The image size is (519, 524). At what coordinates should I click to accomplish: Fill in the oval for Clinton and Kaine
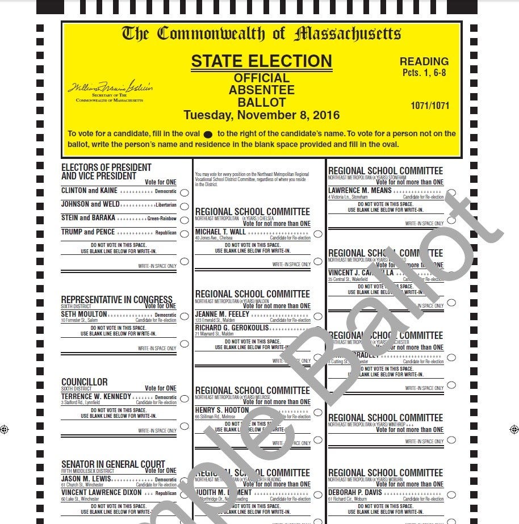pos(184,192)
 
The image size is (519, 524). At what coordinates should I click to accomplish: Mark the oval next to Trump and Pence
pos(184,233)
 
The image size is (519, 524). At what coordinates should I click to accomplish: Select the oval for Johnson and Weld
pos(184,206)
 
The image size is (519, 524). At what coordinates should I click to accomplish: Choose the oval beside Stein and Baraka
pos(184,219)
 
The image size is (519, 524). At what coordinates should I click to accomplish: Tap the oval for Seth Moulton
pos(184,316)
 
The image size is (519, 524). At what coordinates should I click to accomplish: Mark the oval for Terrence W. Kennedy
pos(184,399)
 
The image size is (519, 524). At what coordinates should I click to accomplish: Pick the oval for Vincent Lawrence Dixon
pos(184,494)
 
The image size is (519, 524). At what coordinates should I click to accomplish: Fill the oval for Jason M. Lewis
pos(184,480)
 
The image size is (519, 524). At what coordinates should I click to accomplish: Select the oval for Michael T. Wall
pos(318,233)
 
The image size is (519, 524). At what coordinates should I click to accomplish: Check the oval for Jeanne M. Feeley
pos(318,316)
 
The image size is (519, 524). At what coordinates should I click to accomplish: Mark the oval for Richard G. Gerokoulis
pos(318,329)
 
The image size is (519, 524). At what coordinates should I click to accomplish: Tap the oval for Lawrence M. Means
pos(451,192)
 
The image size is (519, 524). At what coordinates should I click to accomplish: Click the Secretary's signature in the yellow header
pos(110,87)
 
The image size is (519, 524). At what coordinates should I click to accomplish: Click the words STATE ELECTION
pos(261,61)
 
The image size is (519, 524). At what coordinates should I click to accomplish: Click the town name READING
pos(424,61)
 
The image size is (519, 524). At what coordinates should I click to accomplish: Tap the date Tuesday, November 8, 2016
pos(261,115)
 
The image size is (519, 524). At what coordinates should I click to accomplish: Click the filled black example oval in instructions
pos(208,135)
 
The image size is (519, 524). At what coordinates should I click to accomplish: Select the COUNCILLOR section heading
pos(84,382)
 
